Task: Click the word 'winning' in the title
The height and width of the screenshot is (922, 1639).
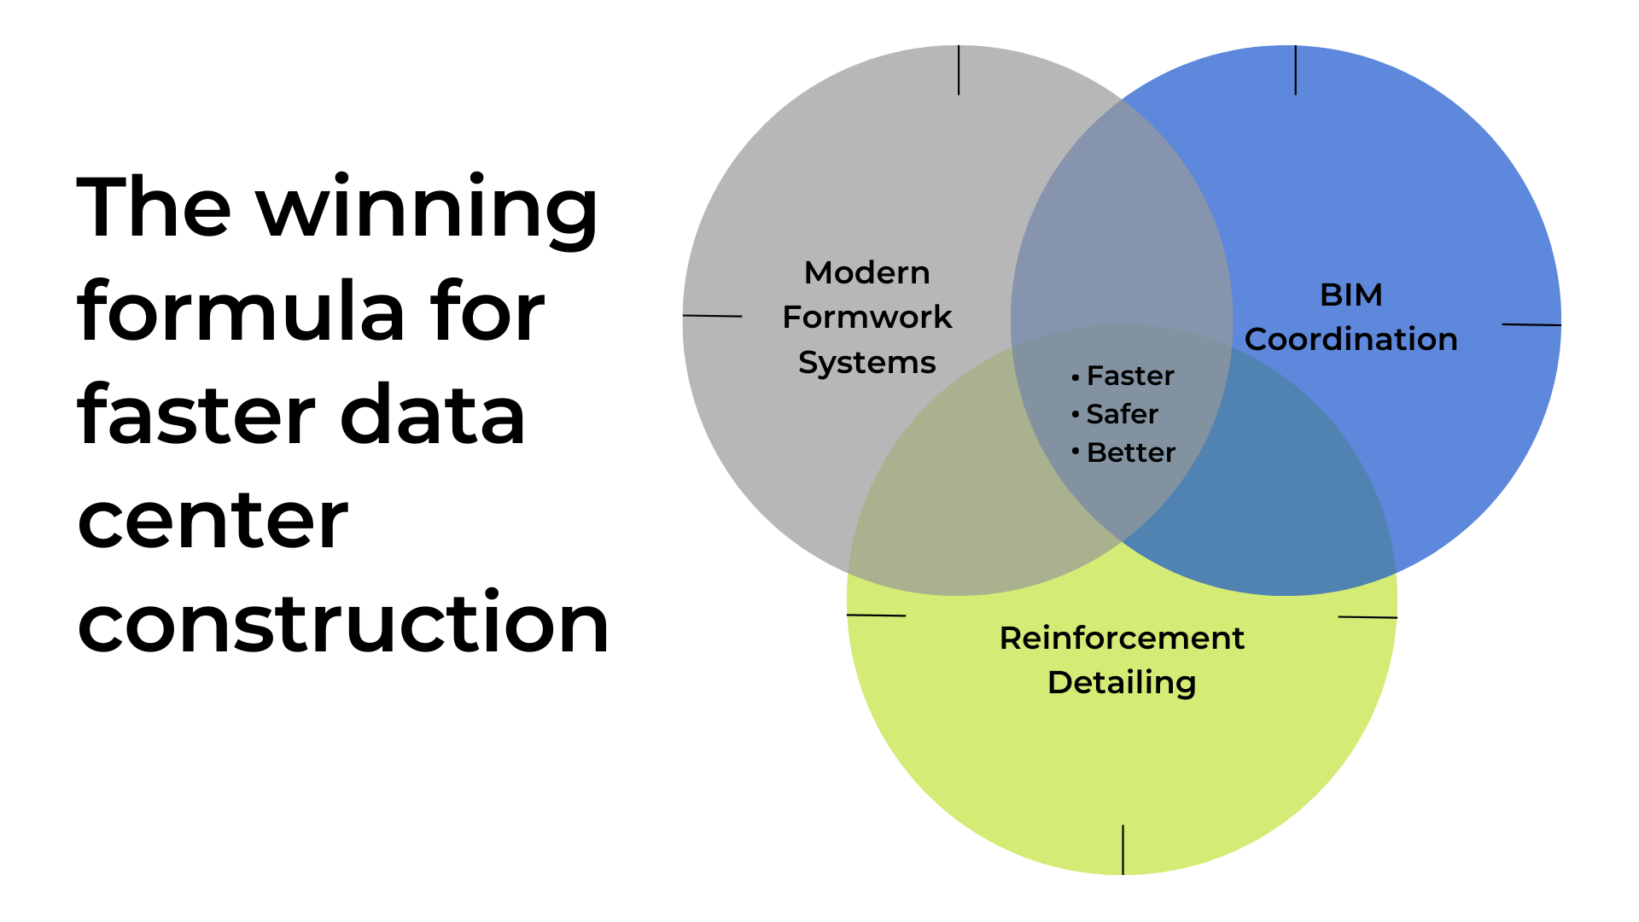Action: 427,209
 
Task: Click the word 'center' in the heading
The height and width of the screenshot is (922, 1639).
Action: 213,521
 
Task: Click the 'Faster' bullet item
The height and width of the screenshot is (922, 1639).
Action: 1129,376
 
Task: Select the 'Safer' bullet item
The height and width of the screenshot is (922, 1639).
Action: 1121,414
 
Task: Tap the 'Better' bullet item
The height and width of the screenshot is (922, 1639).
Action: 1130,452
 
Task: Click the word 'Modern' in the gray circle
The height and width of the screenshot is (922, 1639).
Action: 866,272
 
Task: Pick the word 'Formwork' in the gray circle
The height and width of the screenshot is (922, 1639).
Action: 866,317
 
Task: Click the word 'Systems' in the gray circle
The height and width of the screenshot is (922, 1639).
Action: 866,362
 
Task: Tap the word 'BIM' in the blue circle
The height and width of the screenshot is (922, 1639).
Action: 1350,295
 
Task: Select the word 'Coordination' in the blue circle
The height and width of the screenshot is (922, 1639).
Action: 1350,339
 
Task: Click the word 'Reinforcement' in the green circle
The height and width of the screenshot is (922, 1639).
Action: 1122,638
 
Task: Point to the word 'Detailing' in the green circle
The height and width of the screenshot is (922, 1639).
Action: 1122,682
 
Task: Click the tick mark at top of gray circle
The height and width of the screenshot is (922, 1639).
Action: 959,70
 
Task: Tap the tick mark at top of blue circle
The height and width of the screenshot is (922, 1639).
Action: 1295,70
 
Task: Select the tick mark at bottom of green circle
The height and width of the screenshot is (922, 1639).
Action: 1123,849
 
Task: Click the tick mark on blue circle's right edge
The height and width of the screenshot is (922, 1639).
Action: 1531,324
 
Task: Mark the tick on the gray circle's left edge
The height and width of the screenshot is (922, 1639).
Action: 712,316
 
